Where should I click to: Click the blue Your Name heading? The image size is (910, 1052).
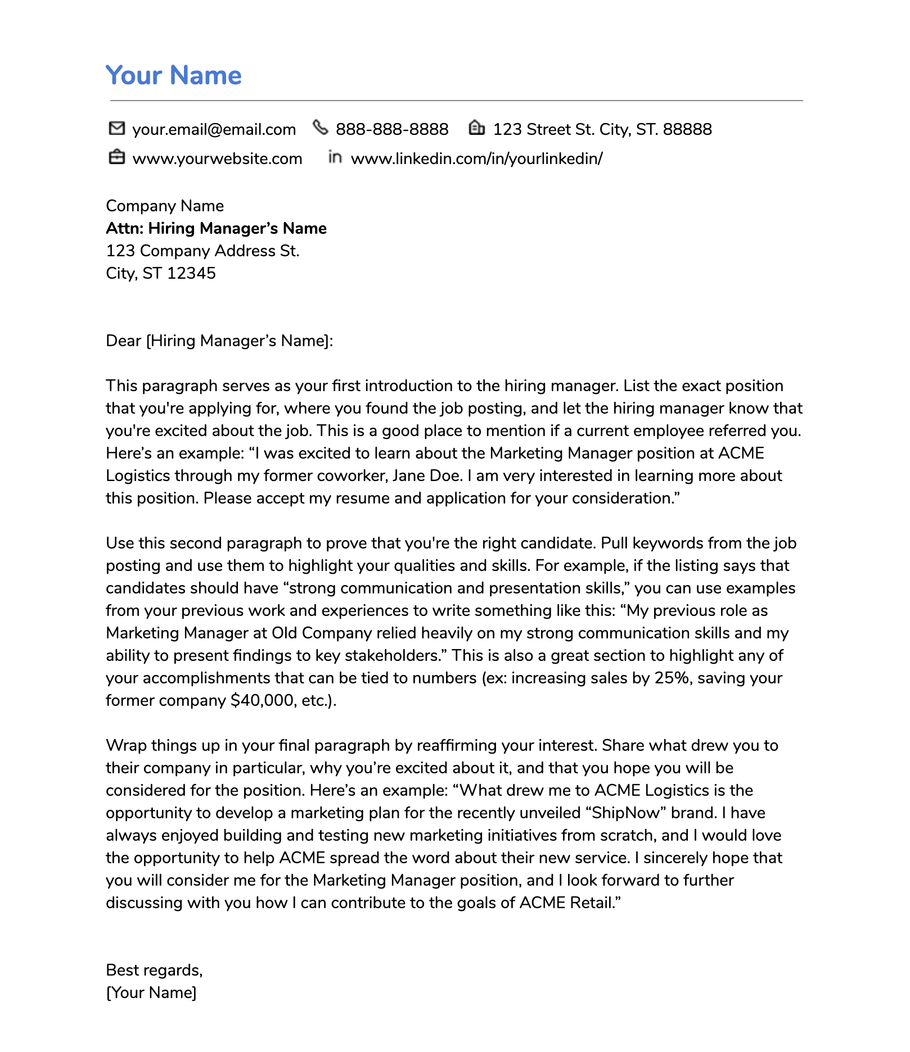coord(173,75)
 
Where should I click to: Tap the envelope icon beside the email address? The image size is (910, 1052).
coord(116,129)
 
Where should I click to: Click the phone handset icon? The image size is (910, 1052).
coord(320,128)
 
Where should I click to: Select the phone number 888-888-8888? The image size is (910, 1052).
coord(392,130)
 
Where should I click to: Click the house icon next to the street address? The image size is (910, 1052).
coord(476,128)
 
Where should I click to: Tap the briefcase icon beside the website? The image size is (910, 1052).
coord(116,157)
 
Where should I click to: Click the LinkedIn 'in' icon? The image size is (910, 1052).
coord(335,157)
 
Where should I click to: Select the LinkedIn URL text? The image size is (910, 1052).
coord(476,159)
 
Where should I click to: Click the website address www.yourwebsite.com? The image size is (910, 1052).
coord(217,159)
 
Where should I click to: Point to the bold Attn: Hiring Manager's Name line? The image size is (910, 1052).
coord(216,228)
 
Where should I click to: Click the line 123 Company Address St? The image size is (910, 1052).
coord(202,251)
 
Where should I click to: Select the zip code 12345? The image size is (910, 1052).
coord(191,273)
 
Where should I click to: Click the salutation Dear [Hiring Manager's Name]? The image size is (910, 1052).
coord(219,341)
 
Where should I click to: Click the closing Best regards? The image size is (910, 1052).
coord(154,970)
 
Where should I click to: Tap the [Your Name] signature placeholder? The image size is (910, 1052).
coord(151,992)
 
